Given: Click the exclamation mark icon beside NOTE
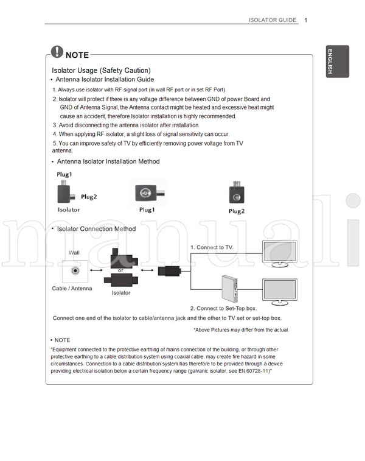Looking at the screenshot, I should [57, 52].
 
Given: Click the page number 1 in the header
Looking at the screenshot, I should [306, 20].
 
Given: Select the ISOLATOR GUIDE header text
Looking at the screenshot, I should [273, 20].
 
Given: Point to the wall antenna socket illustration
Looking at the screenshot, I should [74, 270].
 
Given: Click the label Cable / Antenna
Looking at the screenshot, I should [72, 288].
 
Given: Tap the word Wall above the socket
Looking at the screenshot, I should [74, 252].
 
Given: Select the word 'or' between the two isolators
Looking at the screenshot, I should [120, 270].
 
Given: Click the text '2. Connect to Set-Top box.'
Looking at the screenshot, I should [223, 308].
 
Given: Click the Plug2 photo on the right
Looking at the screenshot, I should [236, 194].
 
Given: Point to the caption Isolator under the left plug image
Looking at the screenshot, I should [69, 209].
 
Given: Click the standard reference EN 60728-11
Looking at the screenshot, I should [249, 370].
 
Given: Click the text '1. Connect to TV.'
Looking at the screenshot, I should [212, 248].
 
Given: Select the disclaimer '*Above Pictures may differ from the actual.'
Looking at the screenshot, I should [241, 329].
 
